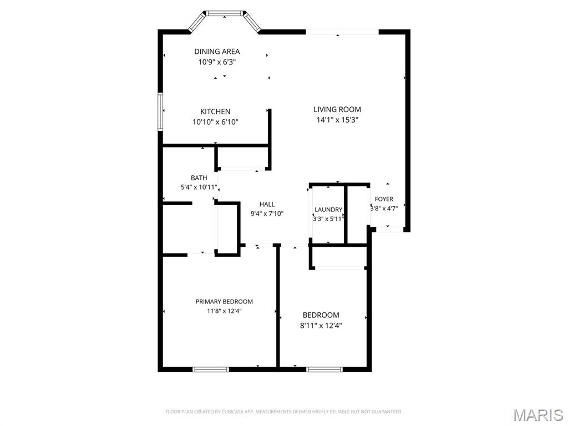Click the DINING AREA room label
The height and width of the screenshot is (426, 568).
click(217, 52)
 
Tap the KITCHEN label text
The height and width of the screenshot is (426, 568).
click(215, 111)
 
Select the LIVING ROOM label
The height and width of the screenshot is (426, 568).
click(337, 109)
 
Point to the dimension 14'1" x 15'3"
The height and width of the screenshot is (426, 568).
click(337, 120)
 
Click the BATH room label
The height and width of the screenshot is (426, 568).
click(199, 177)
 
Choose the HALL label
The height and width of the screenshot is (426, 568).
click(267, 204)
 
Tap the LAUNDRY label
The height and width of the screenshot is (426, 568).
click(328, 210)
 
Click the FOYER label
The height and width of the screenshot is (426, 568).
click(384, 199)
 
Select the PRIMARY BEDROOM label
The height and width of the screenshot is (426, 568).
click(224, 302)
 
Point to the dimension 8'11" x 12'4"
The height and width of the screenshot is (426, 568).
click(321, 326)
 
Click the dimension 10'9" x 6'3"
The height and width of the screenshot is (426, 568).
click(217, 62)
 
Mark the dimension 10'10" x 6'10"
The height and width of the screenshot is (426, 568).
click(215, 122)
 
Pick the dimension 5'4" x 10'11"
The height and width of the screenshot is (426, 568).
click(199, 187)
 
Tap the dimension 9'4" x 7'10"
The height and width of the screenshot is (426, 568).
click(267, 214)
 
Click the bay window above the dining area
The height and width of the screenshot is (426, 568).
click(224, 13)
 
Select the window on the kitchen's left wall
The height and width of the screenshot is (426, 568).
click(160, 111)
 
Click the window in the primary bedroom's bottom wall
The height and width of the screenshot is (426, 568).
click(210, 369)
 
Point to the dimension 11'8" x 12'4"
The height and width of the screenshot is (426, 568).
click(224, 311)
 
